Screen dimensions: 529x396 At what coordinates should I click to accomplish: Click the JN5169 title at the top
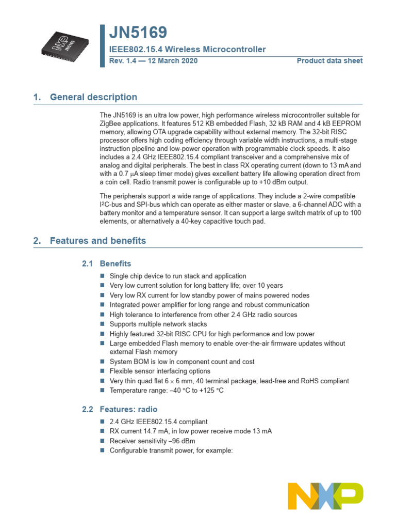point(138,33)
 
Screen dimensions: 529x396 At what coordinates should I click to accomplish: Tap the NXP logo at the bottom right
point(325,496)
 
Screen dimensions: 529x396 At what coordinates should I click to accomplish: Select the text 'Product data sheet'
point(329,61)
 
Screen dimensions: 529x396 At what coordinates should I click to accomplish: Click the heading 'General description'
point(93,97)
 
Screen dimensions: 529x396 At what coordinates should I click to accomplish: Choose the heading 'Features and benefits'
point(98,241)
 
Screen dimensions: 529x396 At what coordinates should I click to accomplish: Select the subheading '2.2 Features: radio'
point(120,409)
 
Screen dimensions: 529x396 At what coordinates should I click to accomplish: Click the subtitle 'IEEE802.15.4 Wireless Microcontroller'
point(187,50)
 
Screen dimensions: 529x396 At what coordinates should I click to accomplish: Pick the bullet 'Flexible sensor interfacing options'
point(160,371)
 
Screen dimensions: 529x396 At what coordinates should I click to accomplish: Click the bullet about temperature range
point(167,391)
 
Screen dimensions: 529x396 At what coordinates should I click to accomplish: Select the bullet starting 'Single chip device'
point(178,276)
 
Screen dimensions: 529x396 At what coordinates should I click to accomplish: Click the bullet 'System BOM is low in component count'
point(182,362)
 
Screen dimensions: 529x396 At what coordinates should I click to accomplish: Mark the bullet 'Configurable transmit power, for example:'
point(171,450)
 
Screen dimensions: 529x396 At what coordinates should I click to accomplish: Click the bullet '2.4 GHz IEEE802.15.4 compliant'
point(158,422)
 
